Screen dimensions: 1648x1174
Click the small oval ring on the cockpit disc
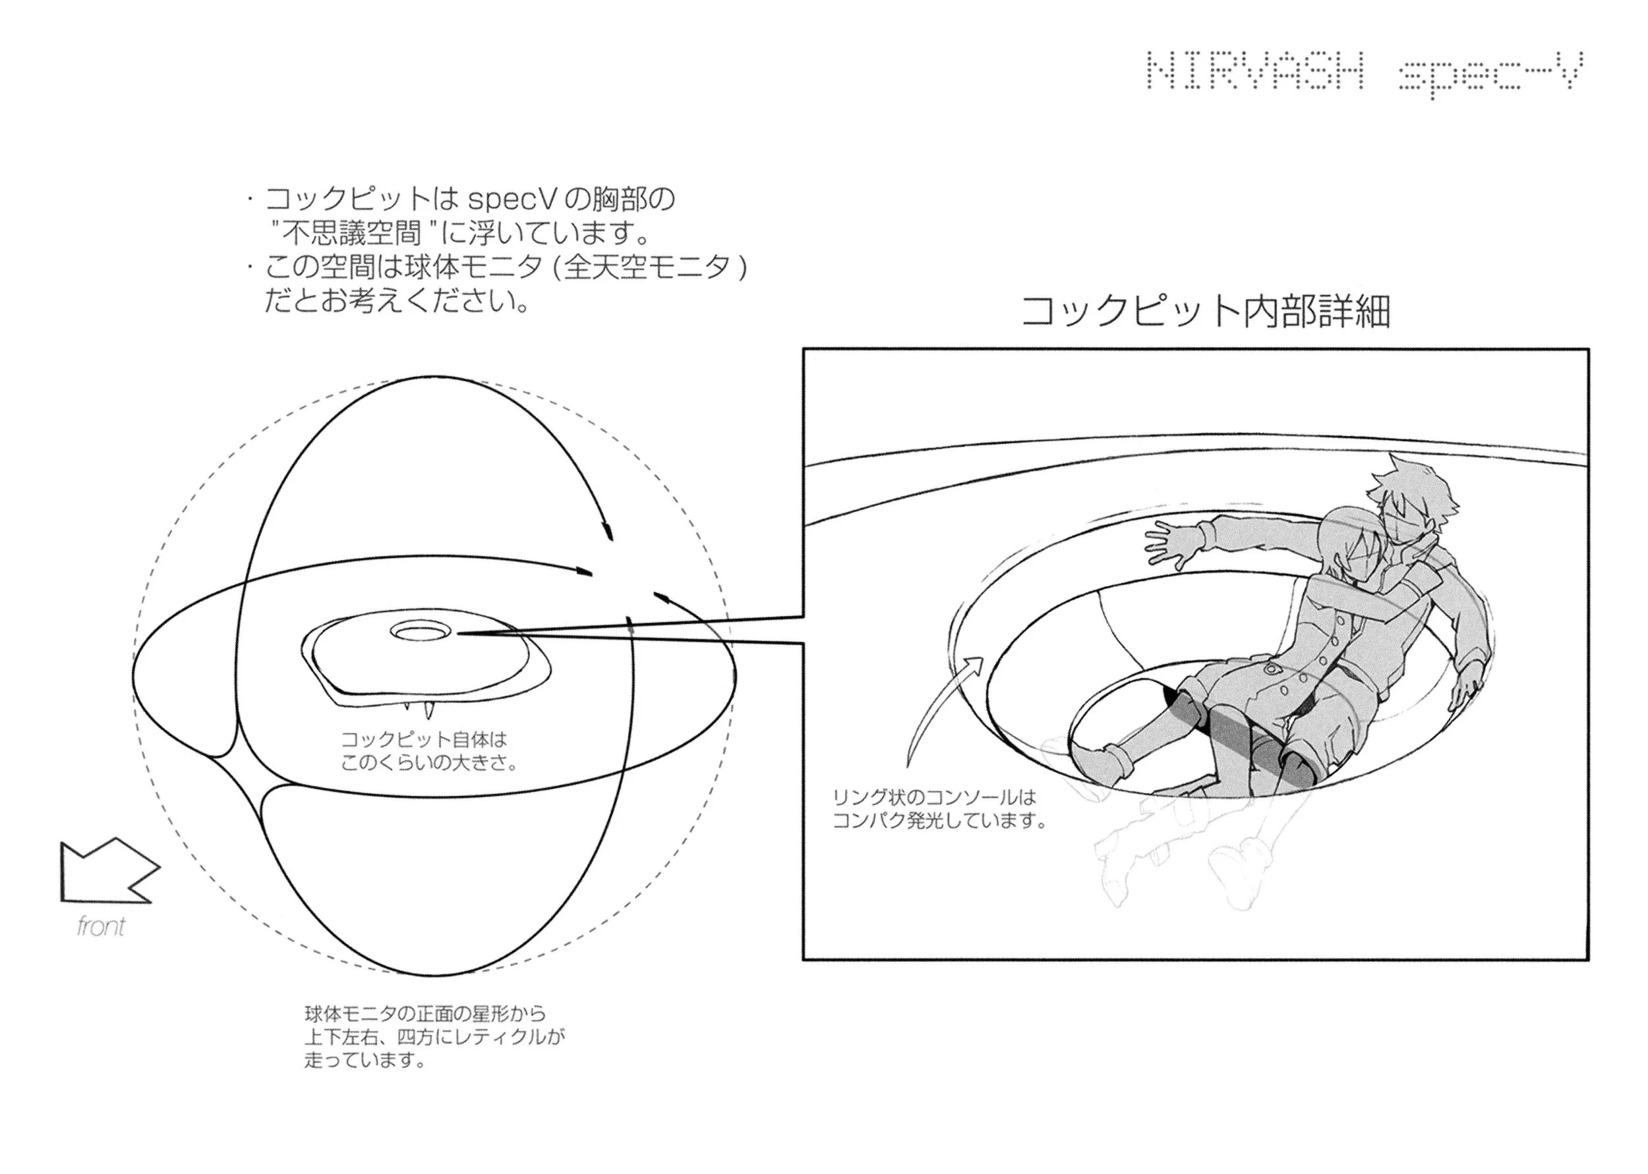point(419,632)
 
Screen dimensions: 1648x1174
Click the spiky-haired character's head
point(1410,499)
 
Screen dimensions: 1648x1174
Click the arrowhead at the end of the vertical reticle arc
point(609,532)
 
